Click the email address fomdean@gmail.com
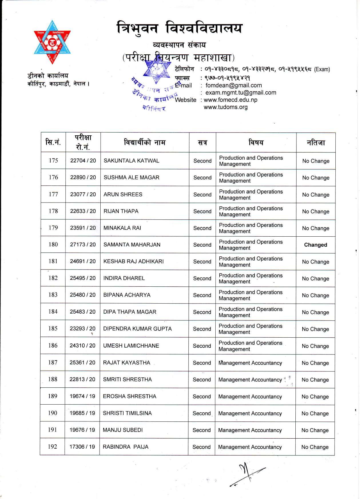[x=234, y=85]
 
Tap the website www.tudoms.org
[x=226, y=107]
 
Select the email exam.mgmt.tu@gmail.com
[x=241, y=93]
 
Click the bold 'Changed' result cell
[x=315, y=245]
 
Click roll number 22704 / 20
[x=83, y=161]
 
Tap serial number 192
[x=52, y=447]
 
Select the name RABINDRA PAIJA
[x=126, y=447]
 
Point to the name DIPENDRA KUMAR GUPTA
[x=137, y=329]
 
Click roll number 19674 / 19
[x=82, y=396]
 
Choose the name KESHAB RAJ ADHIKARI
[x=134, y=262]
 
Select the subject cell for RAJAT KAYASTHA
[x=250, y=363]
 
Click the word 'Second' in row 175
[x=202, y=161]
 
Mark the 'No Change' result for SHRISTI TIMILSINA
[x=315, y=413]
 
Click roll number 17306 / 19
[x=82, y=447]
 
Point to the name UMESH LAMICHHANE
[x=131, y=346]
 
